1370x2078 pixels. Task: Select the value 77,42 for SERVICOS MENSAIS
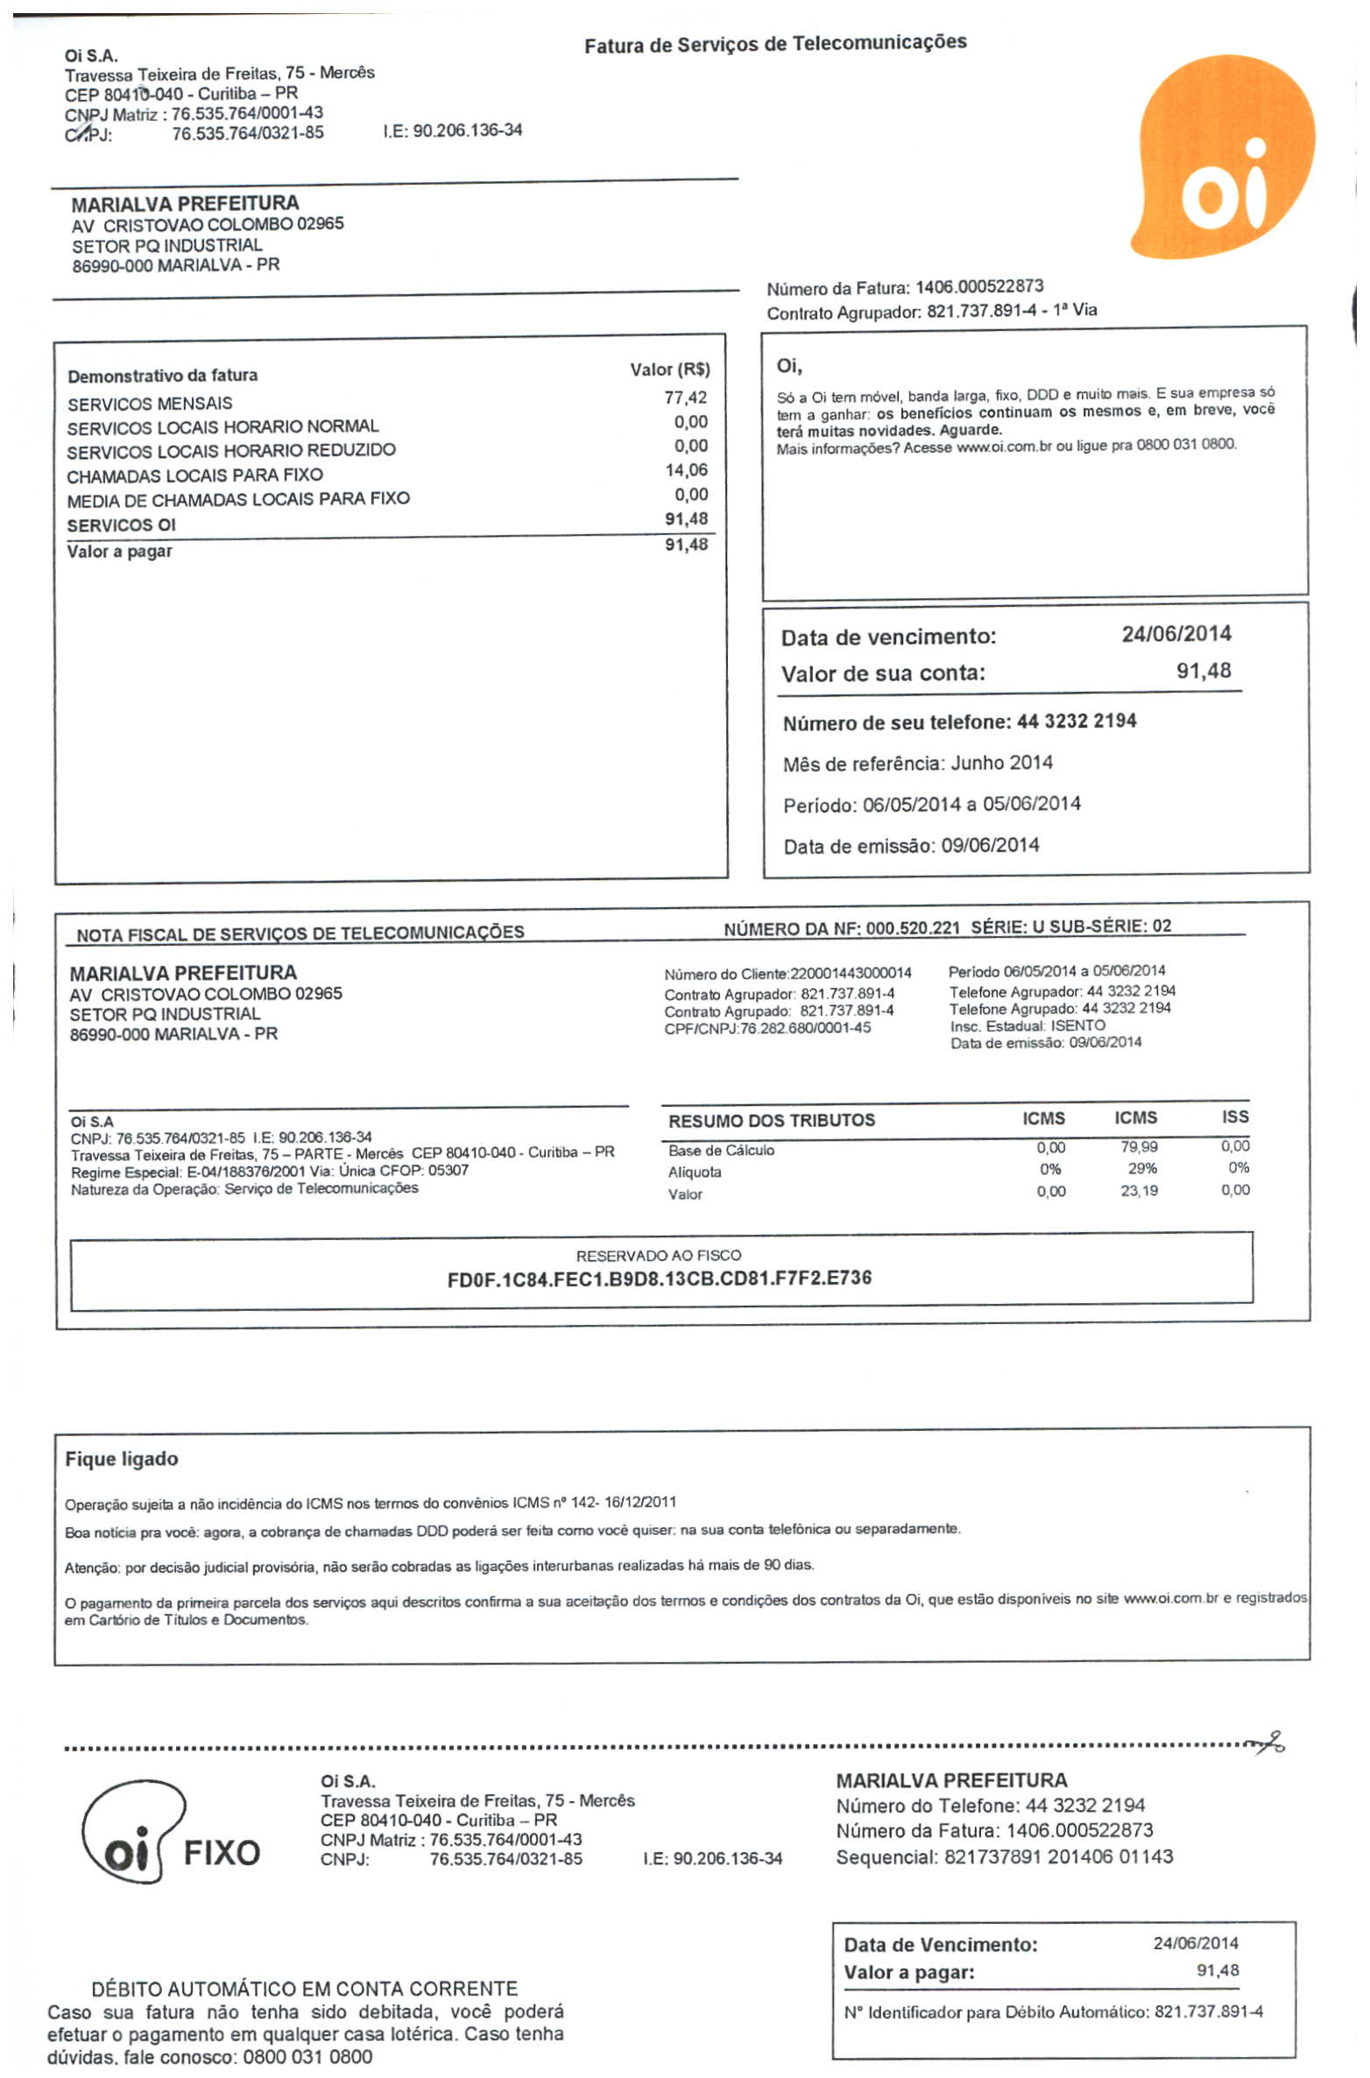point(685,398)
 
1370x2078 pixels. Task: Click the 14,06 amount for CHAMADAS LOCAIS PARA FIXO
point(686,470)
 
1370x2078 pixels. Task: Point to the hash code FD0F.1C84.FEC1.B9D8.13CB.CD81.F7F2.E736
point(659,1278)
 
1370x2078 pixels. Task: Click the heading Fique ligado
point(122,1459)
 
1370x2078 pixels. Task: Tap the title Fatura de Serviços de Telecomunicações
point(775,43)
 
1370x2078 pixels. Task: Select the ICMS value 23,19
point(1139,1191)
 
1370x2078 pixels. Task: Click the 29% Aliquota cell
point(1142,1168)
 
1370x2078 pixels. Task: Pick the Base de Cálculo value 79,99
point(1139,1146)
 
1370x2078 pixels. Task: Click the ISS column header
point(1235,1116)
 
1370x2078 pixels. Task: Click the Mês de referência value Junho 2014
point(1001,763)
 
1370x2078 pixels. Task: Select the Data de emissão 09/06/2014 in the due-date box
point(990,846)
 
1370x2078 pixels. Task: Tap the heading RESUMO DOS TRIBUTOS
point(771,1120)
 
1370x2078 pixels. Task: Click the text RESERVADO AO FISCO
point(659,1255)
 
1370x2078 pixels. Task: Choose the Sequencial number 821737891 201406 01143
point(1058,1856)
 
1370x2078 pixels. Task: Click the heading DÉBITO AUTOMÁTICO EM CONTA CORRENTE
point(304,1989)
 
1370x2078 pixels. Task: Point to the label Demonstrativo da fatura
point(163,376)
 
